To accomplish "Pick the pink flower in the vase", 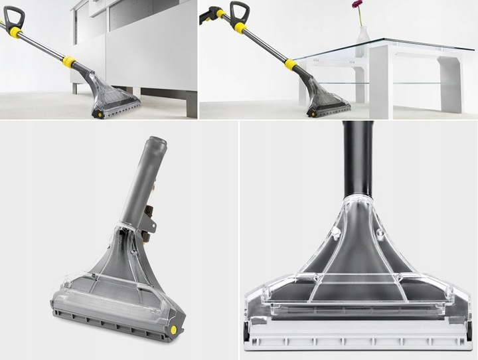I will pos(357,5).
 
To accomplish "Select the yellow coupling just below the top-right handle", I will pos(239,27).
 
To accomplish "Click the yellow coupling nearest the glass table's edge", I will pos(290,64).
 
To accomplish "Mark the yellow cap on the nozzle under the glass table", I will pos(311,114).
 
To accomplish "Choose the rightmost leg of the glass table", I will pos(449,83).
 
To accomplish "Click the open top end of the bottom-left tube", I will pos(156,141).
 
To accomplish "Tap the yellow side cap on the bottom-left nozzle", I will pos(173,327).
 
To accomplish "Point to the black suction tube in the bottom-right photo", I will pos(357,159).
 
